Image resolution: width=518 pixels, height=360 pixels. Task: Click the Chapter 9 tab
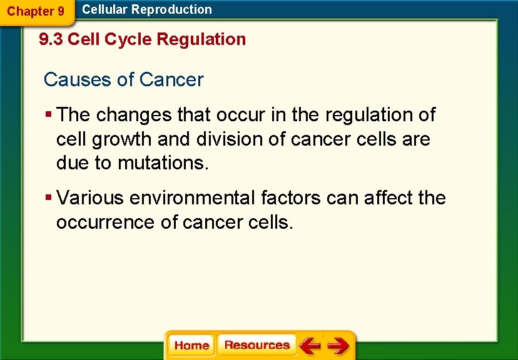(x=35, y=11)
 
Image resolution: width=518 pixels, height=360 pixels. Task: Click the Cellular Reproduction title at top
(x=147, y=9)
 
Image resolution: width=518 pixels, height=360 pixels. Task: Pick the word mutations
(x=163, y=163)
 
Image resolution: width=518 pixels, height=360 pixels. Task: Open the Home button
(x=191, y=345)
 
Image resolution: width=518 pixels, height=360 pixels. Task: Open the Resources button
(x=256, y=345)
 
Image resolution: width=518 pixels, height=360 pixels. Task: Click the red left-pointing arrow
(x=309, y=345)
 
